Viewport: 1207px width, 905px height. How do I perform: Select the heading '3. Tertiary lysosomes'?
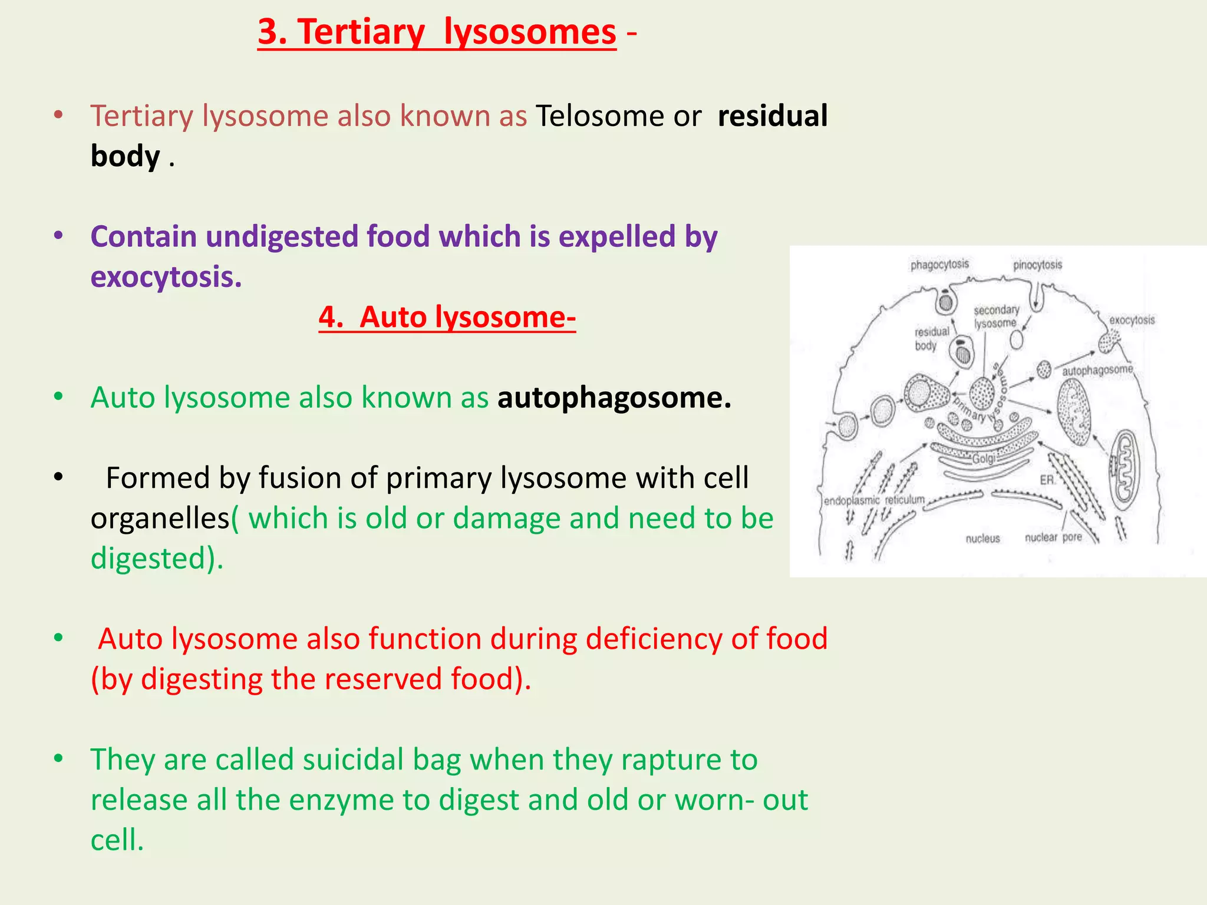pyautogui.click(x=437, y=32)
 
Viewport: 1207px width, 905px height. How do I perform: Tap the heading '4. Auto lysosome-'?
pyautogui.click(x=447, y=318)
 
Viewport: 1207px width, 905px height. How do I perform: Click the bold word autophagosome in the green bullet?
pyautogui.click(x=614, y=398)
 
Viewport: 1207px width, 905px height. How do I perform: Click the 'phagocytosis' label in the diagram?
pyautogui.click(x=939, y=265)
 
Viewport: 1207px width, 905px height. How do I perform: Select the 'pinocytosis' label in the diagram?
pyautogui.click(x=1037, y=265)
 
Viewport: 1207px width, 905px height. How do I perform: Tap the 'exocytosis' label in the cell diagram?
pyautogui.click(x=1132, y=321)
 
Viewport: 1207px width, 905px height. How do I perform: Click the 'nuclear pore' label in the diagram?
pyautogui.click(x=1053, y=537)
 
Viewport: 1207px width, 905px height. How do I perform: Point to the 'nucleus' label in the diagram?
pyautogui.click(x=982, y=539)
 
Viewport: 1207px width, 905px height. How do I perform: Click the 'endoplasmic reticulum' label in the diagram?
pyautogui.click(x=874, y=500)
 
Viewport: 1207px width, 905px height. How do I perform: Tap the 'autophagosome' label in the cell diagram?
pyautogui.click(x=1097, y=370)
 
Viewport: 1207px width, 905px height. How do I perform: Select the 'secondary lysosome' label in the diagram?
pyautogui.click(x=996, y=316)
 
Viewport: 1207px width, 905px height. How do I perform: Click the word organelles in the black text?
pyautogui.click(x=160, y=519)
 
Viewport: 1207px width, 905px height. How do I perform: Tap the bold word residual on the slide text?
pyautogui.click(x=772, y=116)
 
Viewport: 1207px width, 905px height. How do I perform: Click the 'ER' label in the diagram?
pyautogui.click(x=1047, y=480)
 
